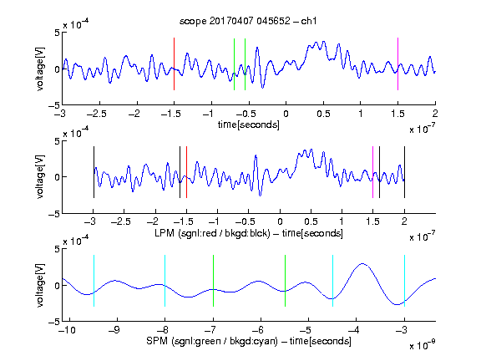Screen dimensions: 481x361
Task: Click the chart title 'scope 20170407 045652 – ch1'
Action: click(x=248, y=21)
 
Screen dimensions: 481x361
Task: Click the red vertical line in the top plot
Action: click(x=174, y=64)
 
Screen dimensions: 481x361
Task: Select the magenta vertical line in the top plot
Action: click(x=397, y=64)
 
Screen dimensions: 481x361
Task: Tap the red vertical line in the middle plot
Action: click(x=186, y=172)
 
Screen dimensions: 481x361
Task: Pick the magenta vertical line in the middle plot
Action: click(x=372, y=172)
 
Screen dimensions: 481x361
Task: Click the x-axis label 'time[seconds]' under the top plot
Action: click(x=249, y=125)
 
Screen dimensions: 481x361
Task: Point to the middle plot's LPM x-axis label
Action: click(x=249, y=233)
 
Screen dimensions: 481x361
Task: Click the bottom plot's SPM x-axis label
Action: click(x=249, y=341)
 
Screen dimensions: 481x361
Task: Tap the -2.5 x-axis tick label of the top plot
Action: click(x=96, y=114)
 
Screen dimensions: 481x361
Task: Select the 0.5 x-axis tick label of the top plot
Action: click(x=323, y=114)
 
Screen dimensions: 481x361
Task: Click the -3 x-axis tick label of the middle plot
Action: click(x=90, y=221)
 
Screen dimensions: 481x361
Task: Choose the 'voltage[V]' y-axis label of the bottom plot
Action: click(x=40, y=285)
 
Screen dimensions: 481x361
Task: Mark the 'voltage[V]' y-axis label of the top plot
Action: click(x=40, y=69)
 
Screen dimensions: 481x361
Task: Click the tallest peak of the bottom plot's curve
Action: click(x=362, y=263)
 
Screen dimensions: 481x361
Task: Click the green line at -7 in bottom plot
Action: click(x=213, y=281)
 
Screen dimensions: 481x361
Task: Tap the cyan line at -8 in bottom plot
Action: click(x=165, y=281)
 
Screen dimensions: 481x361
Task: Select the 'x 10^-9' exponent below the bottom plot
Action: click(x=423, y=345)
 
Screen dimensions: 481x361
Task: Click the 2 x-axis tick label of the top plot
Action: click(x=435, y=114)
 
